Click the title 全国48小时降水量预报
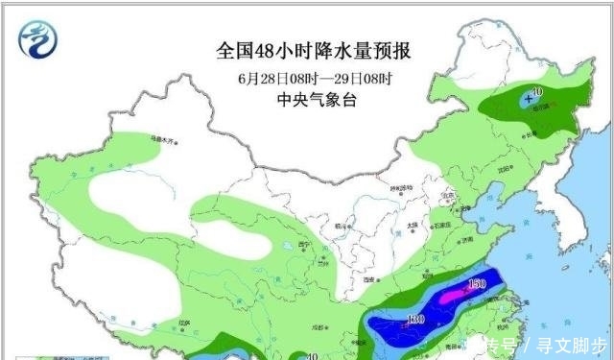coord(307,49)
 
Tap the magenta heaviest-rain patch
coord(451,299)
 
